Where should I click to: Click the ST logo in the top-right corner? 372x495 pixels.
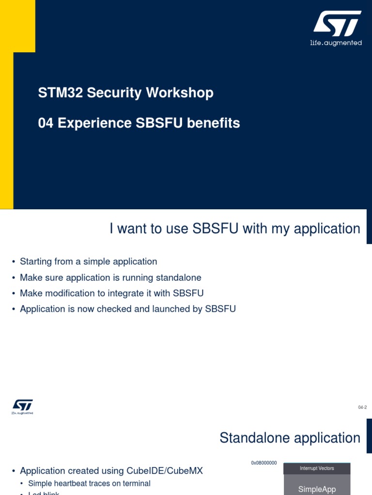(337, 24)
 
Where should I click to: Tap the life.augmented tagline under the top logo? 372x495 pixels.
(336, 43)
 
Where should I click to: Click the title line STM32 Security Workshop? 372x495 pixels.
(125, 93)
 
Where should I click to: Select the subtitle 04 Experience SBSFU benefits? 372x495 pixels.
(139, 123)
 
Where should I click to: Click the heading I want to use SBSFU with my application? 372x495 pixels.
(235, 229)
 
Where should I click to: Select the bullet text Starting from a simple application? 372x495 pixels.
(88, 262)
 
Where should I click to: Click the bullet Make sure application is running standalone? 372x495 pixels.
(110, 277)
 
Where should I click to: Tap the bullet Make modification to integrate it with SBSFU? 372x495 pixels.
(111, 293)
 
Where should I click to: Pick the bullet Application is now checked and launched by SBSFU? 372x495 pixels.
(128, 309)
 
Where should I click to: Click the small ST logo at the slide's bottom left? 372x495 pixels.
(22, 407)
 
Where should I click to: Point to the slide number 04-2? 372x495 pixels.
(362, 408)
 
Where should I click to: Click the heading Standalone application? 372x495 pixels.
(290, 438)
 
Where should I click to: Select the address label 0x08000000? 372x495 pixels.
(264, 463)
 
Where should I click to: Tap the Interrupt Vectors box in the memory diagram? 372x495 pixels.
(317, 468)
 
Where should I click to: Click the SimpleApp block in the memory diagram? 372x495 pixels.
(317, 489)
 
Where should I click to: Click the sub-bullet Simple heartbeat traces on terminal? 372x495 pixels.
(89, 483)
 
